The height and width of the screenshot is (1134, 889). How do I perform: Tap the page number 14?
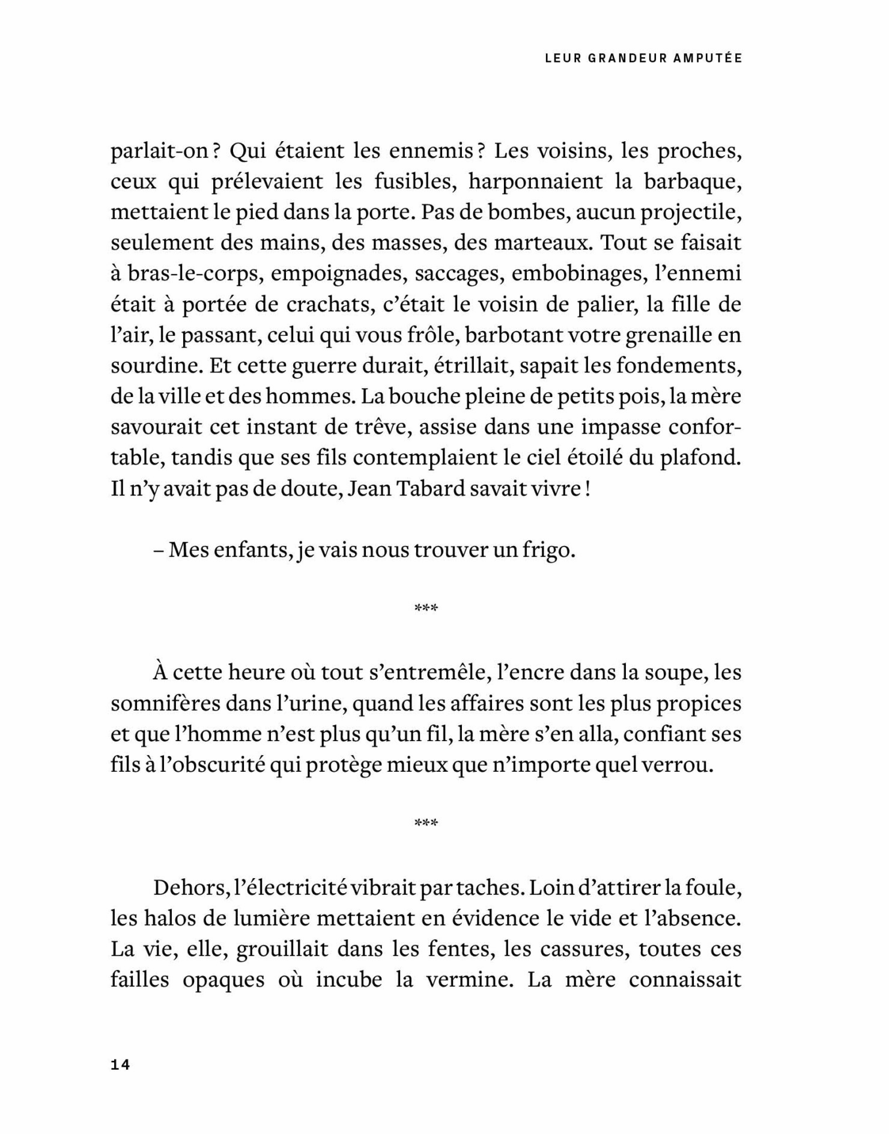tap(120, 1064)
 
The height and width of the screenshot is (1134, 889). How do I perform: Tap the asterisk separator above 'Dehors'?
tap(426, 823)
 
